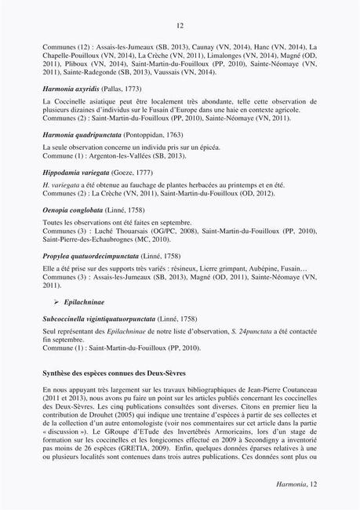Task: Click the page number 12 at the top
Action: [x=180, y=26]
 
